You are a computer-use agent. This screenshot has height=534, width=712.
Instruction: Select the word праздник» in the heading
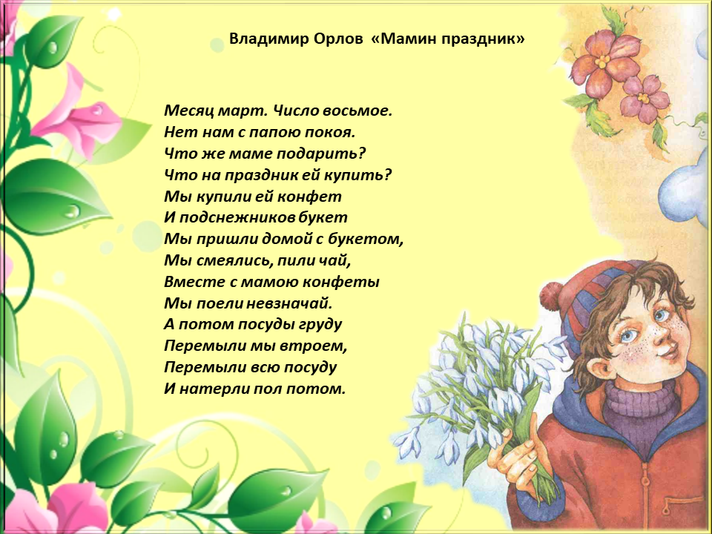coord(483,39)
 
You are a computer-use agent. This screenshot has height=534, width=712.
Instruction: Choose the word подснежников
coord(237,218)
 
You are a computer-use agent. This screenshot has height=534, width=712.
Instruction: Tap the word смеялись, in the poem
coord(234,260)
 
